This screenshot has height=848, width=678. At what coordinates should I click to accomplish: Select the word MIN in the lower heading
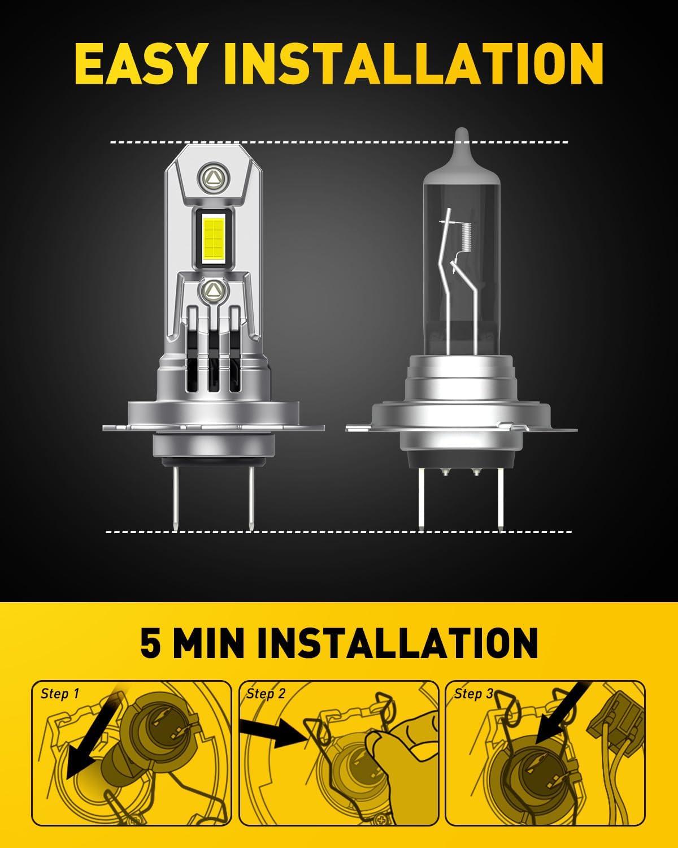pyautogui.click(x=210, y=643)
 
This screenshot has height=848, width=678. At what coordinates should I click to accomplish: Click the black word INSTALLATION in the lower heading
pyautogui.click(x=398, y=643)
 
